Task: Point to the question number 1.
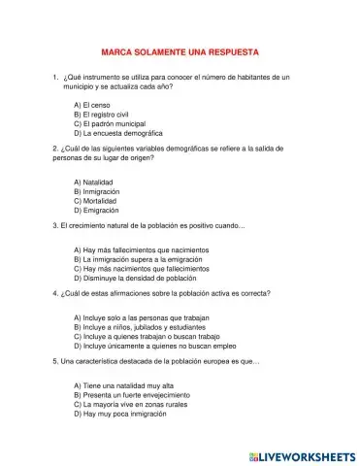tap(56, 76)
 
